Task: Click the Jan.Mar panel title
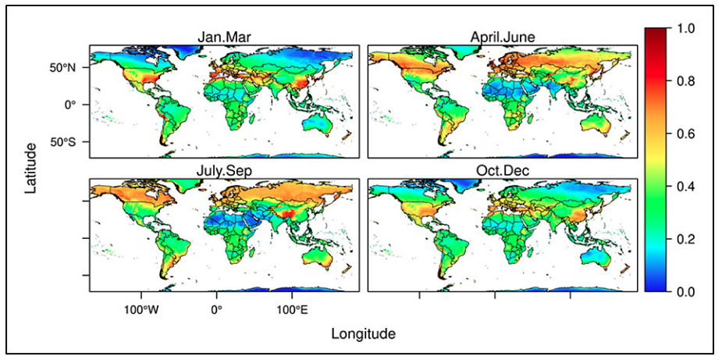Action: click(225, 37)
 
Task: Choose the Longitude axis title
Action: click(363, 334)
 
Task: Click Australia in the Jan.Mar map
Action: click(317, 124)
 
